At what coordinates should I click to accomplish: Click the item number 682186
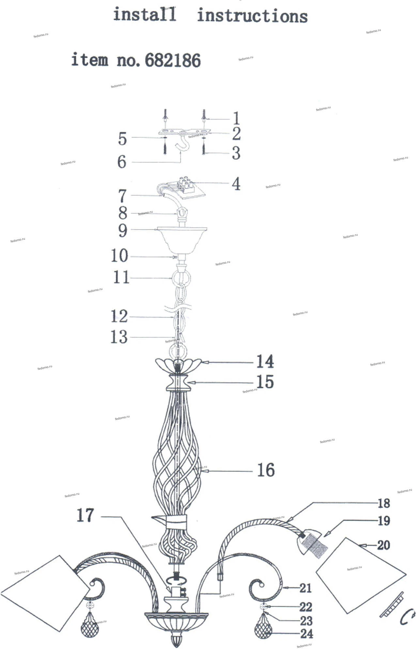(173, 60)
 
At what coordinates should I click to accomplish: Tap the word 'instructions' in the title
(252, 16)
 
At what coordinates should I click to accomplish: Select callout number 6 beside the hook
(122, 161)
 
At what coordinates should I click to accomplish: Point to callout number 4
(236, 184)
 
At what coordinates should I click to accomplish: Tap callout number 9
(122, 230)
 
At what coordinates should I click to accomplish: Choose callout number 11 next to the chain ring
(121, 278)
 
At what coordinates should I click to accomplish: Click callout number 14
(265, 361)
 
